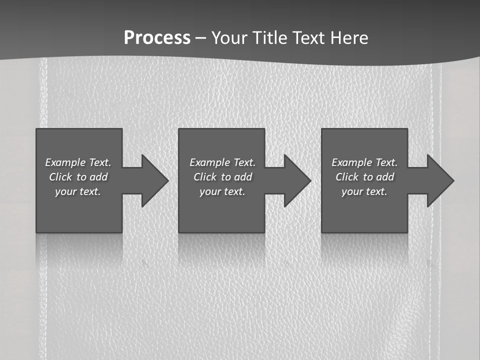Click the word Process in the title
click(x=157, y=38)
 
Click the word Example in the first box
click(x=65, y=162)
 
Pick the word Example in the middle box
click(x=210, y=162)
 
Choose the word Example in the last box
click(x=352, y=162)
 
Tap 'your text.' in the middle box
click(x=222, y=191)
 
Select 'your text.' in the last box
click(x=364, y=191)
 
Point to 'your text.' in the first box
click(x=78, y=191)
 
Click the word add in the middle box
click(x=242, y=177)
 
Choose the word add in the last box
click(x=384, y=177)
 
